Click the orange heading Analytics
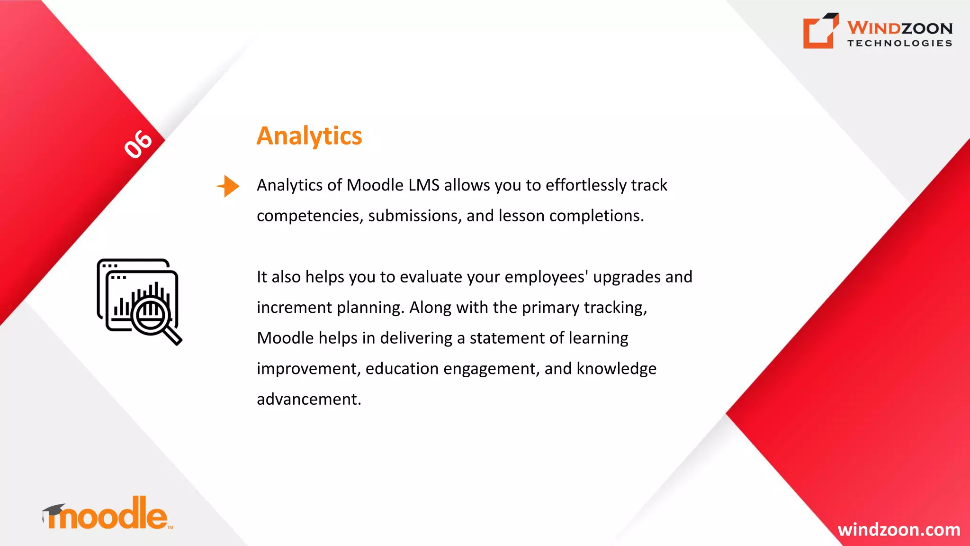[309, 136]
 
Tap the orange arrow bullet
[228, 186]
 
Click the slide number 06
[138, 144]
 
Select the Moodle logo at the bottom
[108, 514]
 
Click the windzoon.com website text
[898, 529]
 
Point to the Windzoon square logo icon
[820, 31]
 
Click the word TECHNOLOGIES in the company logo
[899, 43]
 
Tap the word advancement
[308, 399]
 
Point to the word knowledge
[616, 369]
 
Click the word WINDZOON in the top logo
[899, 28]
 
